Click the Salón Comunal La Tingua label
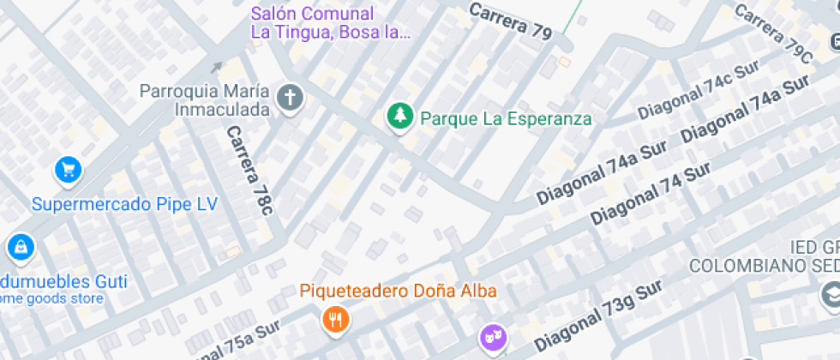[x=331, y=23]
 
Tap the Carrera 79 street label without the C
[x=511, y=21]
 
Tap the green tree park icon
[x=399, y=117]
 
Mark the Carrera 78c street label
[x=249, y=170]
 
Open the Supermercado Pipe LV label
[x=124, y=204]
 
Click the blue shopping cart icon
[x=68, y=169]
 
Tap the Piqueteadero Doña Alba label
[x=399, y=290]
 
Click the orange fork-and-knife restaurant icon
[x=334, y=321]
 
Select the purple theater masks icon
[x=492, y=334]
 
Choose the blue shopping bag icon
[x=18, y=248]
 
